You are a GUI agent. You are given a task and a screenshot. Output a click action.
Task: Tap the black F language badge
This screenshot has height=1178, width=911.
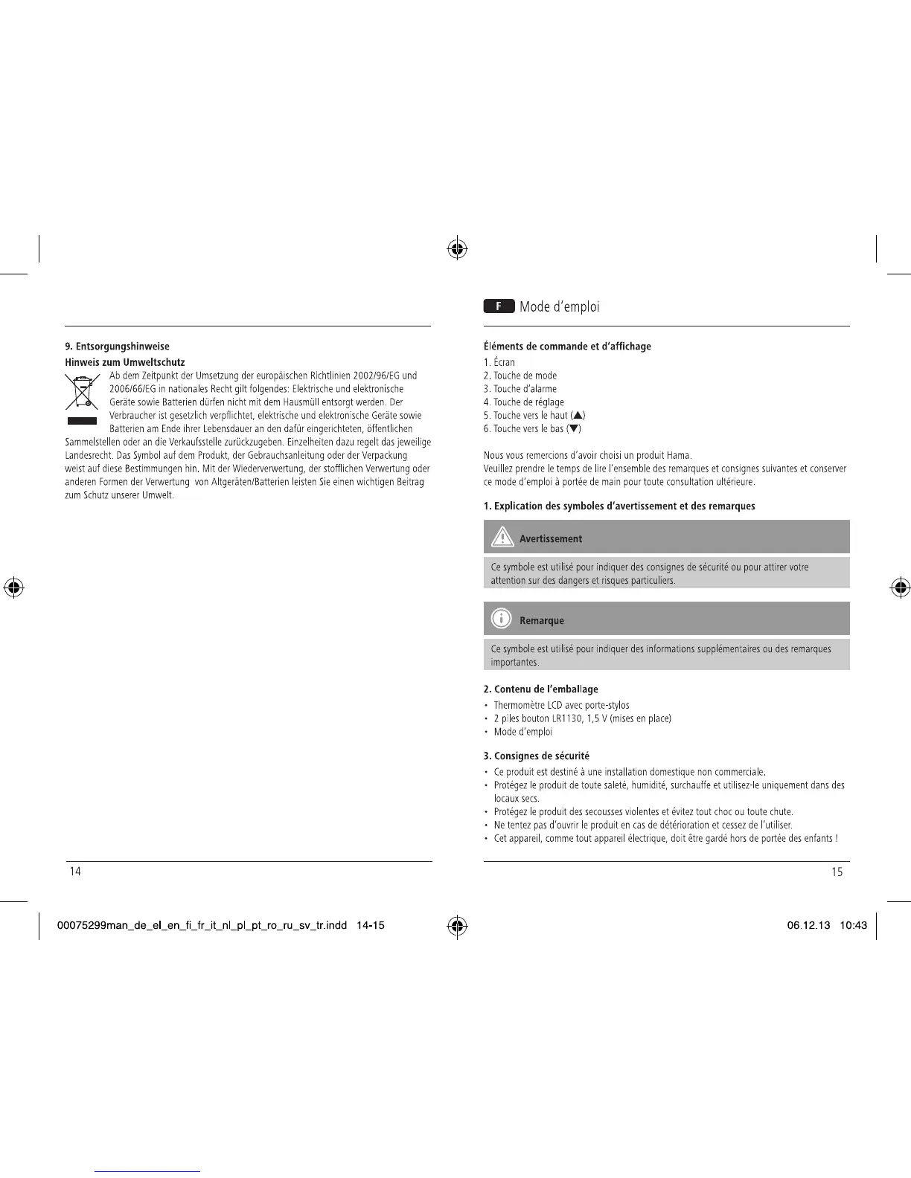(499, 306)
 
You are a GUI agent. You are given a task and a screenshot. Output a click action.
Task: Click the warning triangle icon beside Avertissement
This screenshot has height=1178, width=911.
(502, 537)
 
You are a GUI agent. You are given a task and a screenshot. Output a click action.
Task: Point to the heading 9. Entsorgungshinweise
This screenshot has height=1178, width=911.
(118, 347)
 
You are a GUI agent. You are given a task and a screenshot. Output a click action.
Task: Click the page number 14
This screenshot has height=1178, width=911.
(75, 872)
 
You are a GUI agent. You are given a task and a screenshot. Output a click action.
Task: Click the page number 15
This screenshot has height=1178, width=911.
(837, 872)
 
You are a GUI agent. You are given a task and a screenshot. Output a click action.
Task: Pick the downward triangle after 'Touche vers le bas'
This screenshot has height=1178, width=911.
(575, 429)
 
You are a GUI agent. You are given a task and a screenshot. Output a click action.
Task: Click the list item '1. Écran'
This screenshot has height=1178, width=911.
(499, 363)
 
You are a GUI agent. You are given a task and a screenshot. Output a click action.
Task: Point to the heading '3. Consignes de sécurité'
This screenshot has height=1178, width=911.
(537, 756)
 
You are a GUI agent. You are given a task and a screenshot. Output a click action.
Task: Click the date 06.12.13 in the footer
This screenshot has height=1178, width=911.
(809, 926)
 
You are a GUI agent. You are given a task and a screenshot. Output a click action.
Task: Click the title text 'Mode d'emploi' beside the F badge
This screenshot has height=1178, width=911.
(559, 307)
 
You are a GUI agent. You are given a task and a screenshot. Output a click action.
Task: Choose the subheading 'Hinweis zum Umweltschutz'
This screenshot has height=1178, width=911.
(125, 362)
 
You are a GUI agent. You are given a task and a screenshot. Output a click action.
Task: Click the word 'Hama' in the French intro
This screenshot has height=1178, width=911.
(679, 456)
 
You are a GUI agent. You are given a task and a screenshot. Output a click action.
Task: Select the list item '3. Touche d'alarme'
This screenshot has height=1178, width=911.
(520, 389)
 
